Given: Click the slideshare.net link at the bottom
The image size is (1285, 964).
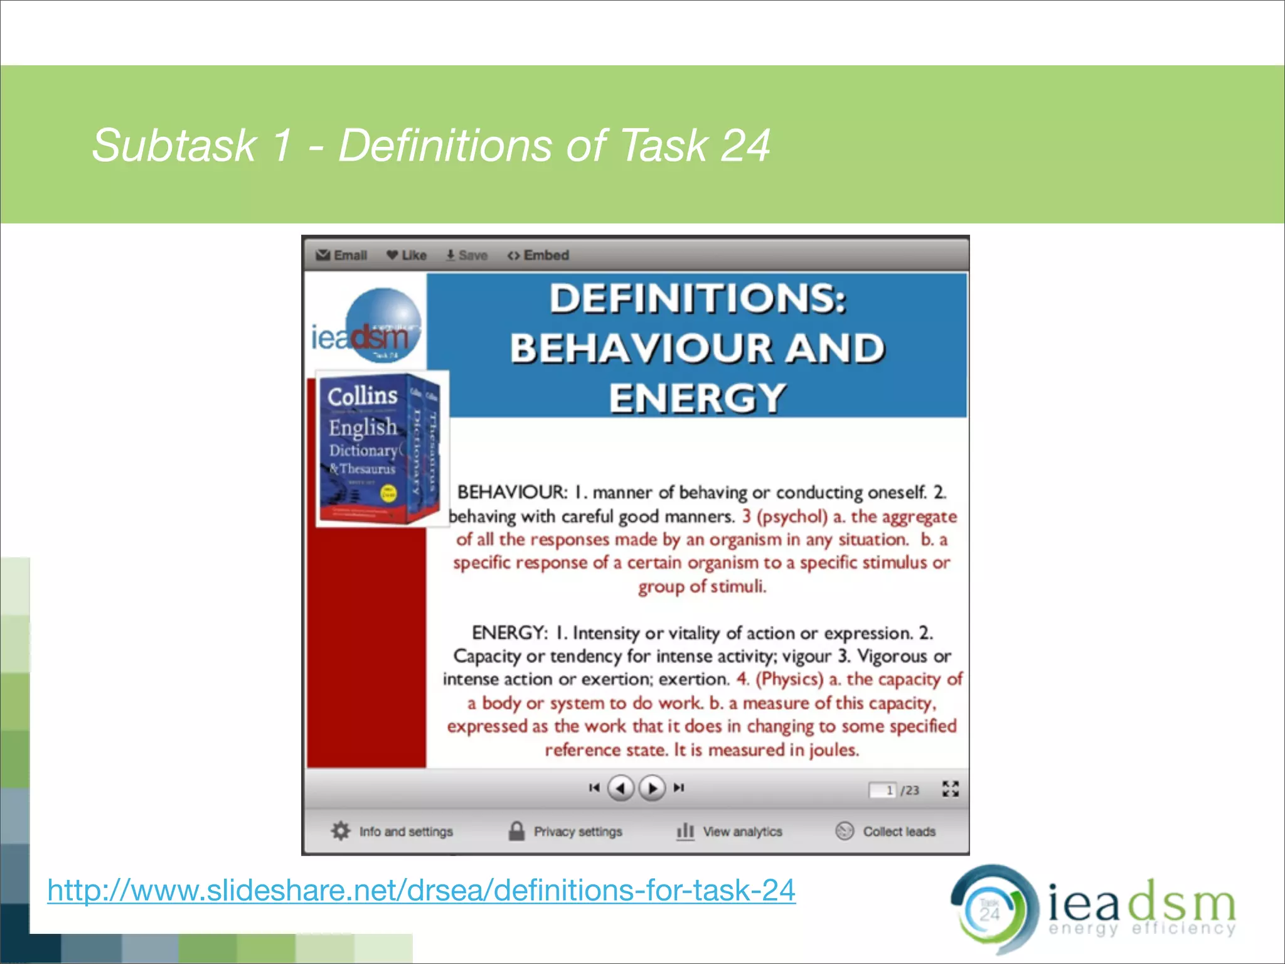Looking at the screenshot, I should click(x=421, y=891).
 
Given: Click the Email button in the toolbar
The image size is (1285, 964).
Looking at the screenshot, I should click(x=342, y=255).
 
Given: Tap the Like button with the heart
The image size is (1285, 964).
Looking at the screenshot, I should click(x=407, y=255).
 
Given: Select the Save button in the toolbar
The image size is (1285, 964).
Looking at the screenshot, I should click(x=467, y=255).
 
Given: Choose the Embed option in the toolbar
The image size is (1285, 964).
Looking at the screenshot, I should click(x=538, y=255).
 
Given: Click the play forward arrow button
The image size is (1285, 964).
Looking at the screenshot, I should click(x=652, y=788).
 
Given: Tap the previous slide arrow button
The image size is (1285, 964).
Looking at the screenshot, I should click(x=621, y=788).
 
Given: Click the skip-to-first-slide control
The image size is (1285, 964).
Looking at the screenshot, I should click(x=594, y=788).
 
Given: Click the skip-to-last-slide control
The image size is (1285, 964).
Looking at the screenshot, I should click(x=679, y=788).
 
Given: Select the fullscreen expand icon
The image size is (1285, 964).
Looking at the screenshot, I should click(x=951, y=789).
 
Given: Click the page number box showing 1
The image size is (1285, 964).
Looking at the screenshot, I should click(x=883, y=790).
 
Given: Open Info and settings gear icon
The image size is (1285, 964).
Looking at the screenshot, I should click(x=341, y=831).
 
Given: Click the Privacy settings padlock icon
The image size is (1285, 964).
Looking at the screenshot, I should click(x=516, y=831).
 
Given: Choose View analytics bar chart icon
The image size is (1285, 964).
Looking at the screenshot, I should click(x=685, y=831).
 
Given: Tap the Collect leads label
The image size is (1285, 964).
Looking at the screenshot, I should click(x=898, y=832).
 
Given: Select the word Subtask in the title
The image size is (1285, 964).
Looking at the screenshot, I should click(x=174, y=146).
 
